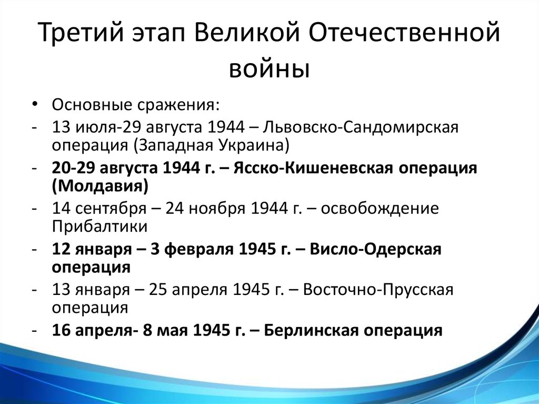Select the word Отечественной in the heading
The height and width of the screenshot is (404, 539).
[x=404, y=32]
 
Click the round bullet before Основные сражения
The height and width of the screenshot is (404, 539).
[x=34, y=104]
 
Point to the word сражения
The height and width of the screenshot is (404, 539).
[x=178, y=105]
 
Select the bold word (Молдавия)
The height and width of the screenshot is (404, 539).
[x=100, y=186]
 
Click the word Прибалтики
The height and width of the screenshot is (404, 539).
[x=99, y=227]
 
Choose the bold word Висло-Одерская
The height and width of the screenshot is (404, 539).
[x=375, y=249]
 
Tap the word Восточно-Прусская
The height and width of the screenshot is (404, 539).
[x=378, y=290]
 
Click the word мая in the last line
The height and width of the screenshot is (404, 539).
[x=175, y=331]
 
